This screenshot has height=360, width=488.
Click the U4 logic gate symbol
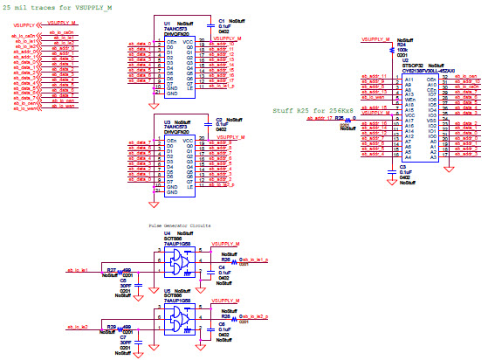(x=182, y=260)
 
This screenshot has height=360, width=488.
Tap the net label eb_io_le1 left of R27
(x=72, y=271)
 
